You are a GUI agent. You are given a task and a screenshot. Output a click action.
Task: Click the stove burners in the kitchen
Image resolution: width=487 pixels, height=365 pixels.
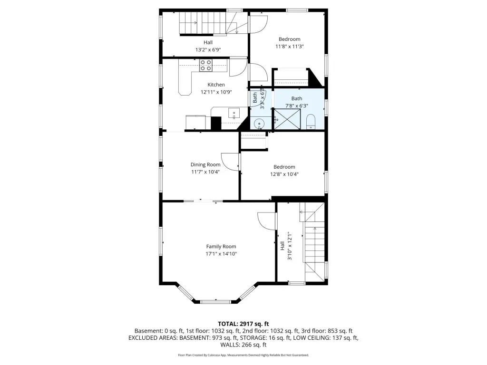click(205, 66)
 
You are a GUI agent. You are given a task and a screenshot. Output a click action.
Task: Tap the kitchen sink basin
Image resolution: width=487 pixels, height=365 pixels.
click(234, 113)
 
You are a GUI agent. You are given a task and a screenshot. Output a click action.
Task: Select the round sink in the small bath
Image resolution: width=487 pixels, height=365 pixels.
click(259, 124)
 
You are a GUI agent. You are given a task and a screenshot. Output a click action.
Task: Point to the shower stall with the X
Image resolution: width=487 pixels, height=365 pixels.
click(287, 118)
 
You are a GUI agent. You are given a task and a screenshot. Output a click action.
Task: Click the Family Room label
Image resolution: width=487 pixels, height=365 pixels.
click(221, 247)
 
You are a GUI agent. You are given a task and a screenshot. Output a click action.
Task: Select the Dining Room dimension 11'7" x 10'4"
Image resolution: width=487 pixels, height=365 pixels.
click(205, 172)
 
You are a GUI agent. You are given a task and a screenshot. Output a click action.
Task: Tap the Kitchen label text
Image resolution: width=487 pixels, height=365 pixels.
click(216, 85)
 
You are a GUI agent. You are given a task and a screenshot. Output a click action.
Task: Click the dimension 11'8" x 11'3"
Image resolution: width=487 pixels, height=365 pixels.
click(290, 47)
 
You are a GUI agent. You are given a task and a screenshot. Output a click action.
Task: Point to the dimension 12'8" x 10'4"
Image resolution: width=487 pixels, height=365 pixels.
click(284, 174)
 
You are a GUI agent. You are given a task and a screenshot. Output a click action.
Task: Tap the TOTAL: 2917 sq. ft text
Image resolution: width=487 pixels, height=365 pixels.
click(243, 324)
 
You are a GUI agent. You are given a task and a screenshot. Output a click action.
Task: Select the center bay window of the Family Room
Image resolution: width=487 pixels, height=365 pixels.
click(215, 302)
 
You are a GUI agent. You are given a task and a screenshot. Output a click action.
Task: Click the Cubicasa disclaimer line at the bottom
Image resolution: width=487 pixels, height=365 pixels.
click(243, 355)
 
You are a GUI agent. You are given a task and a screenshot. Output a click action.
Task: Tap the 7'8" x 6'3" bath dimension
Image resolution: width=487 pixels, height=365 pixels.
click(297, 106)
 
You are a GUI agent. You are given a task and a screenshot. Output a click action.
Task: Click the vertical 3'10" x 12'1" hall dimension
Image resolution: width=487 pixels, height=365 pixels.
click(290, 246)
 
